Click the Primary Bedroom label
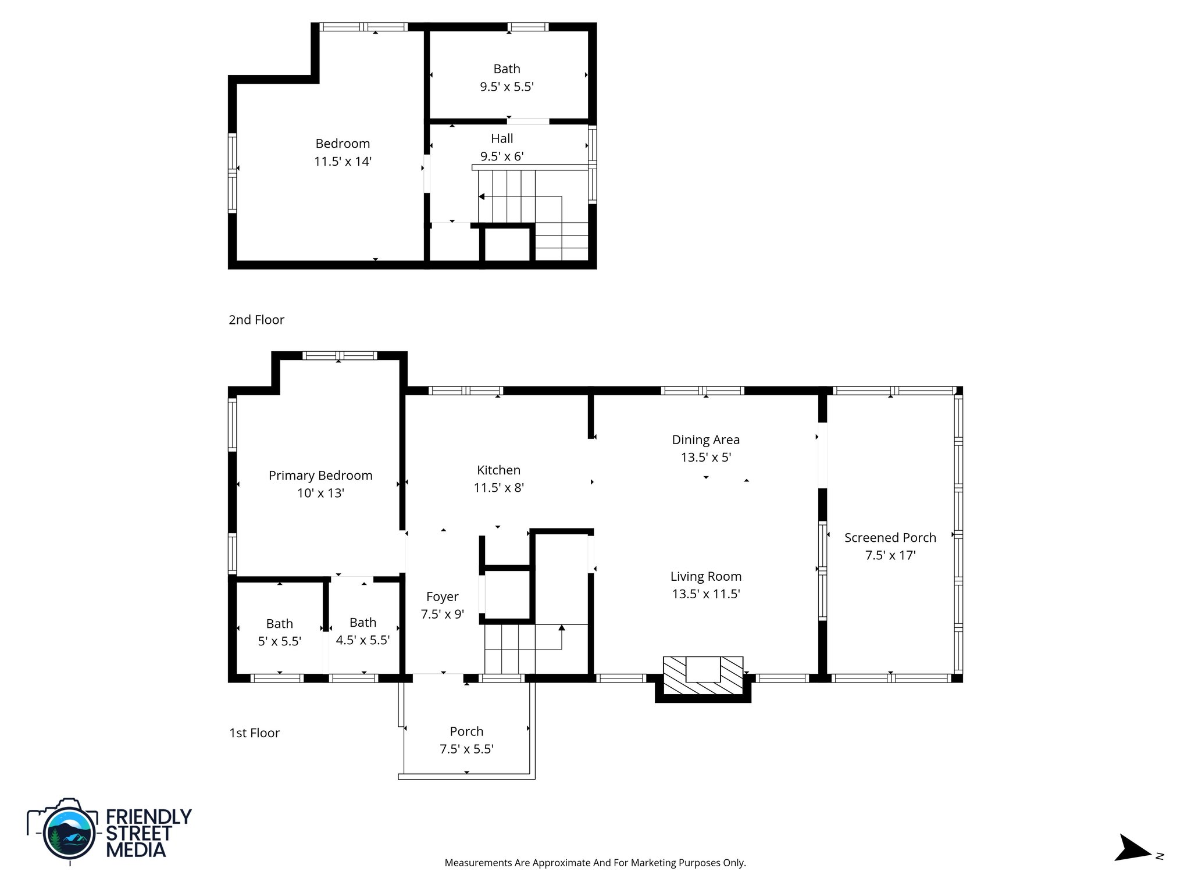click(x=320, y=476)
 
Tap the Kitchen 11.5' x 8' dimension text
click(x=498, y=488)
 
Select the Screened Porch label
click(x=890, y=538)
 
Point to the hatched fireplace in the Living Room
click(x=703, y=676)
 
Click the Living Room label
click(x=705, y=577)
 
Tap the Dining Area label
click(x=705, y=440)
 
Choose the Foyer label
click(x=442, y=596)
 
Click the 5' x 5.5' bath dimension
click(x=279, y=641)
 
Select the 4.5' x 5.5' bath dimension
click(x=362, y=640)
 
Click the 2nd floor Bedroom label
click(x=343, y=144)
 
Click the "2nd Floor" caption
click(x=256, y=320)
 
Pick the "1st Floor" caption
click(x=254, y=733)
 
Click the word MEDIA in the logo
click(x=135, y=850)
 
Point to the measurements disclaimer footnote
click(x=595, y=863)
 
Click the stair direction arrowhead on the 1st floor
click(x=562, y=627)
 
